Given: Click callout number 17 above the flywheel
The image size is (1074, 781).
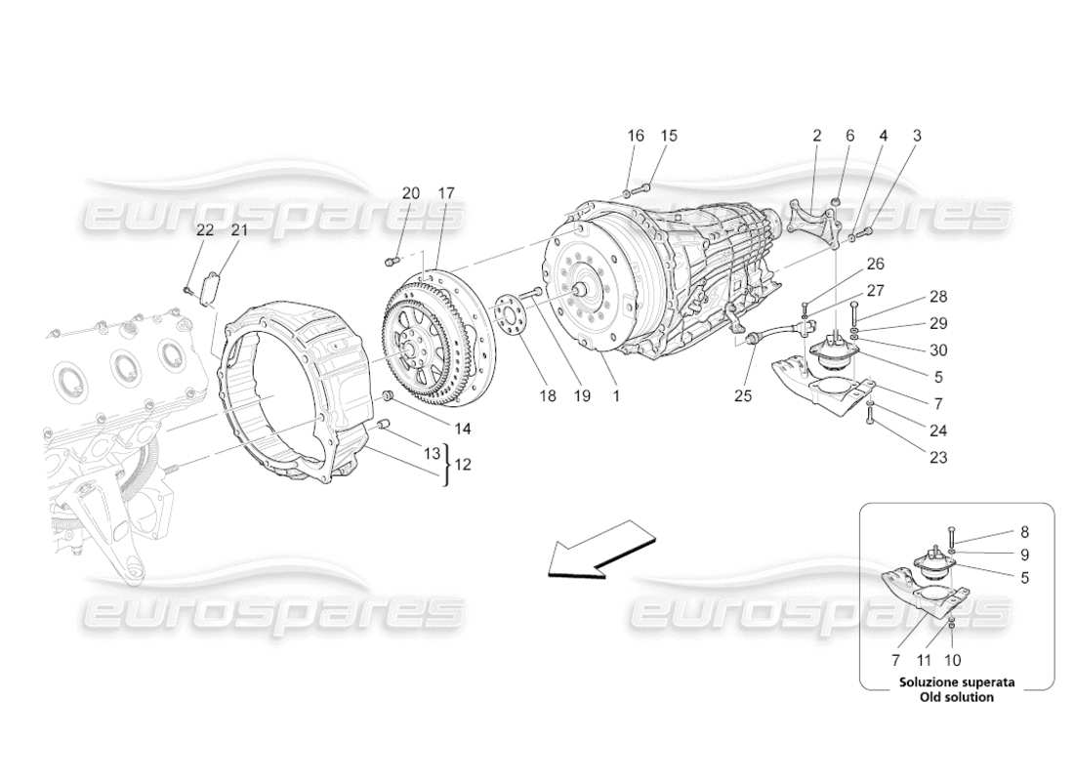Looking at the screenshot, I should tap(446, 193).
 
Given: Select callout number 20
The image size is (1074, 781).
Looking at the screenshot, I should tap(411, 193).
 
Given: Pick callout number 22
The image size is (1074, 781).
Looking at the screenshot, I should tap(205, 230).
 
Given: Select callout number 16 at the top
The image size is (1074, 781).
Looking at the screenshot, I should tap(636, 136).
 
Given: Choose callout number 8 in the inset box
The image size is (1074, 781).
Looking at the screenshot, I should tap(1024, 532).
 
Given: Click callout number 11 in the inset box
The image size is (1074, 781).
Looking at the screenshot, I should tap(925, 660).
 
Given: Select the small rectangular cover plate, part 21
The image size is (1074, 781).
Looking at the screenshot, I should tap(209, 290).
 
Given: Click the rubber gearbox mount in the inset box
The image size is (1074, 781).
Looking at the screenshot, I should tap(935, 569).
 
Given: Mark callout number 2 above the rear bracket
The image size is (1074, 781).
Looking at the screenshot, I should tap(816, 136).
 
